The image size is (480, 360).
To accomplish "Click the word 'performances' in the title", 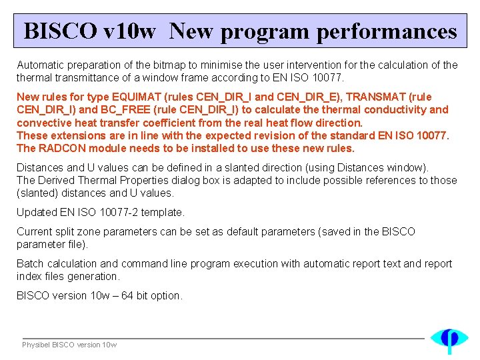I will pos(387,31).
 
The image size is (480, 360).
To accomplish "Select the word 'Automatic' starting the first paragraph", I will pos(39,65).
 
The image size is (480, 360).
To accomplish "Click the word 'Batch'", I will pos(30,263).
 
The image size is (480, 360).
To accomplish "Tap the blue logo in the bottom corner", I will pos(449,339).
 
